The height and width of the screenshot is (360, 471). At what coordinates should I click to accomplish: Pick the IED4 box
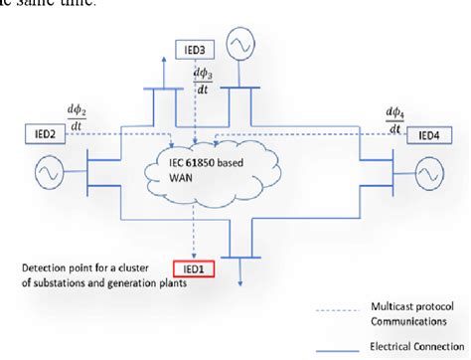pos(427,133)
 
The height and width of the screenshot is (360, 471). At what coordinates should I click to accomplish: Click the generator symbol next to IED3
pos(242,44)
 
